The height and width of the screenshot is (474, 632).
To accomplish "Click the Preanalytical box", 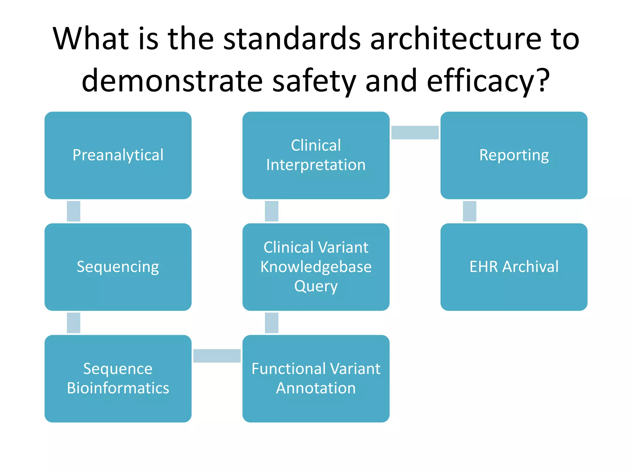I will [118, 155].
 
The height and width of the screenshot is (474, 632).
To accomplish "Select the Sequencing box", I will [118, 267].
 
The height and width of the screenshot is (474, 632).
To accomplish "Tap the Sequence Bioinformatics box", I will [118, 379].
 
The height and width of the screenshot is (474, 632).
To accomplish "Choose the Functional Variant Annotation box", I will [316, 379].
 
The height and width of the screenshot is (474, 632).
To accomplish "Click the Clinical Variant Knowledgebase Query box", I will [316, 267].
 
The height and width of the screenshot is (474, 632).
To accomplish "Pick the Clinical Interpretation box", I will [316, 155].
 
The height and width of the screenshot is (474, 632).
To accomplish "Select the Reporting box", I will [514, 155].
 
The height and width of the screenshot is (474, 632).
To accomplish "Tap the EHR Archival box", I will [514, 267].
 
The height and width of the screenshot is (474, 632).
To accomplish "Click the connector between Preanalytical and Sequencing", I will [73, 211].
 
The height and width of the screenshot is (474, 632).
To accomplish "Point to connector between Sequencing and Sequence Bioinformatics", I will [73, 323].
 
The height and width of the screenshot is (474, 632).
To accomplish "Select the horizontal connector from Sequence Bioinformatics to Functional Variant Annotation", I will [217, 356].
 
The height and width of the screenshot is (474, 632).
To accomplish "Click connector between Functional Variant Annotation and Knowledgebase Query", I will [272, 323].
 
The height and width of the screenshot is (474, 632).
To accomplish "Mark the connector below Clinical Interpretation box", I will [272, 211].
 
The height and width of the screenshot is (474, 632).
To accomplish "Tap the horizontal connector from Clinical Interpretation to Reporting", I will [415, 132].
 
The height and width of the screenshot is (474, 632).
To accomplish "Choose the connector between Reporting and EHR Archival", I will [469, 211].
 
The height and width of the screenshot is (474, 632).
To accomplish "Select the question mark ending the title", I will [543, 80].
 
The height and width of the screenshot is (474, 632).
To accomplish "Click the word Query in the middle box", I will [316, 286].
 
